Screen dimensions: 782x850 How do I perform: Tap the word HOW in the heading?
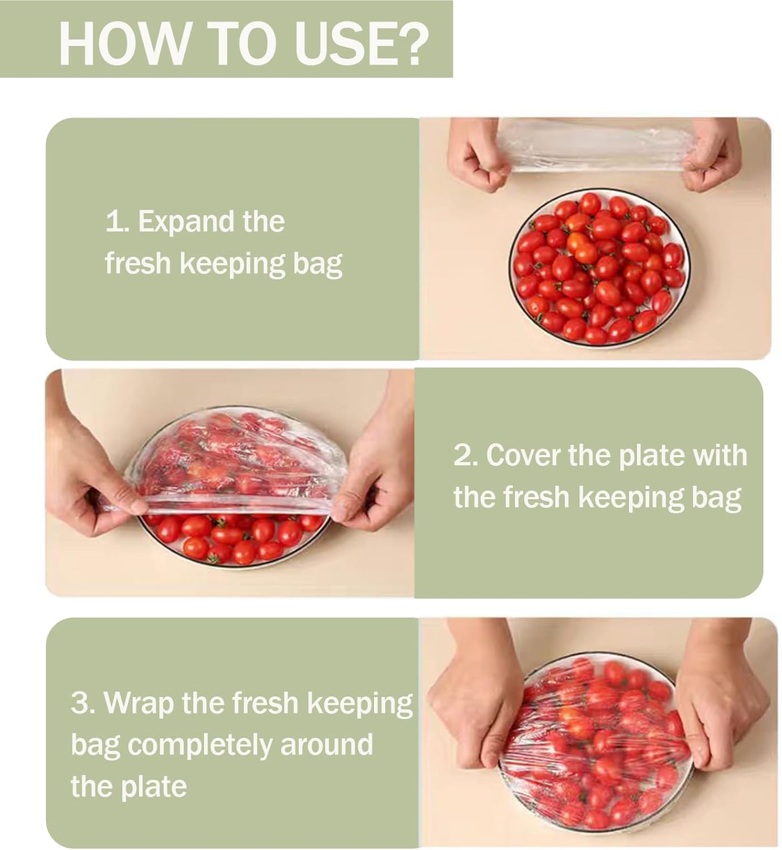click(x=124, y=43)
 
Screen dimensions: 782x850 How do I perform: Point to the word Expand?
click(x=186, y=223)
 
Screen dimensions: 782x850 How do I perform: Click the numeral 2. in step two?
click(x=465, y=456)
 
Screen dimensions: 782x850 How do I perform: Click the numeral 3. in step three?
click(x=82, y=703)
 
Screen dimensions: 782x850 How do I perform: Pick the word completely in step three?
click(x=199, y=746)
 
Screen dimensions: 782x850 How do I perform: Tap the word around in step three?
click(x=326, y=745)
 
